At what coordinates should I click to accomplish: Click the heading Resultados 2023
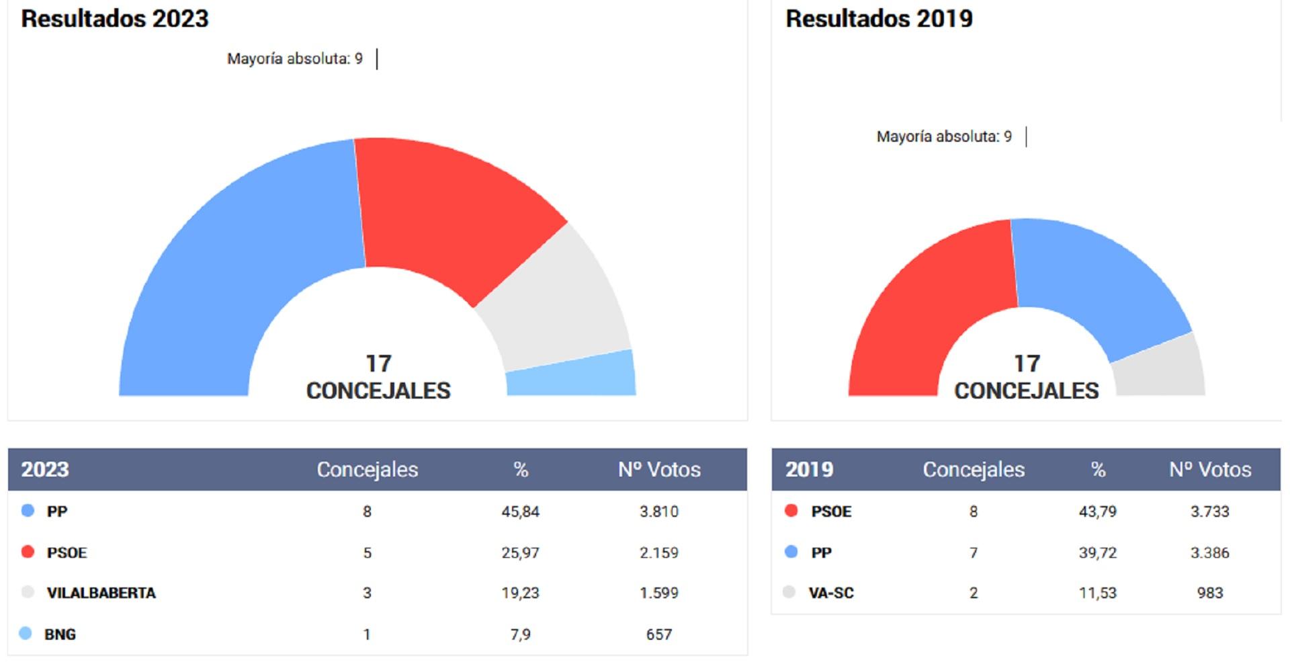tap(115, 19)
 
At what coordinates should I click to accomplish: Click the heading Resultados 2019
tap(879, 19)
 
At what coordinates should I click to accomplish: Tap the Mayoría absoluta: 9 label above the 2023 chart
tap(294, 59)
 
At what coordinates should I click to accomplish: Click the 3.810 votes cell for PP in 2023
tap(658, 511)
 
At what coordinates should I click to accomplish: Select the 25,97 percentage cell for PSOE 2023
tap(520, 552)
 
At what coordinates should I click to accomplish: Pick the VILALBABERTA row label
tap(101, 593)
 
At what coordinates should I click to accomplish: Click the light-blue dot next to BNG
tap(26, 633)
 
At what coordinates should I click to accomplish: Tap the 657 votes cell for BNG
tap(658, 634)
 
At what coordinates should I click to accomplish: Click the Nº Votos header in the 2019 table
tap(1210, 469)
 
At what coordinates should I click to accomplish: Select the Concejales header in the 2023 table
tap(367, 469)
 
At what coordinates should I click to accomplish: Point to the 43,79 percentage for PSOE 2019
tap(1097, 511)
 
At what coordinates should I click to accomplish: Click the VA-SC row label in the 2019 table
tap(831, 593)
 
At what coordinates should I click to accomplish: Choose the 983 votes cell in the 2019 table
tap(1209, 593)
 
